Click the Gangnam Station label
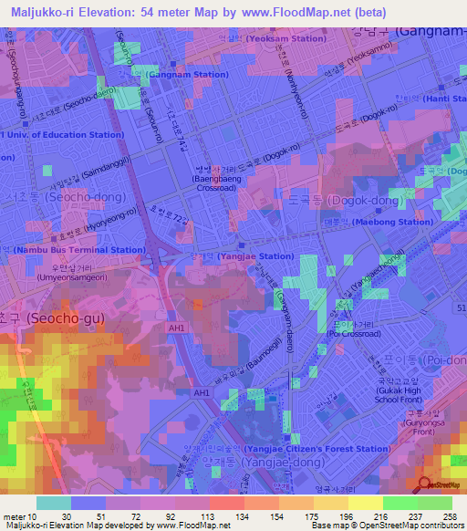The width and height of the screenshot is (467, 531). (186, 74)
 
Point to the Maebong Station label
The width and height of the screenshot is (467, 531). (393, 222)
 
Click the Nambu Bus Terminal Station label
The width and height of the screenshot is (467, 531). (78, 249)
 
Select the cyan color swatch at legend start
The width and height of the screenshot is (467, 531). (53, 502)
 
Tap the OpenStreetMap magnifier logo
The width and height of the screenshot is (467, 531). (424, 484)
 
